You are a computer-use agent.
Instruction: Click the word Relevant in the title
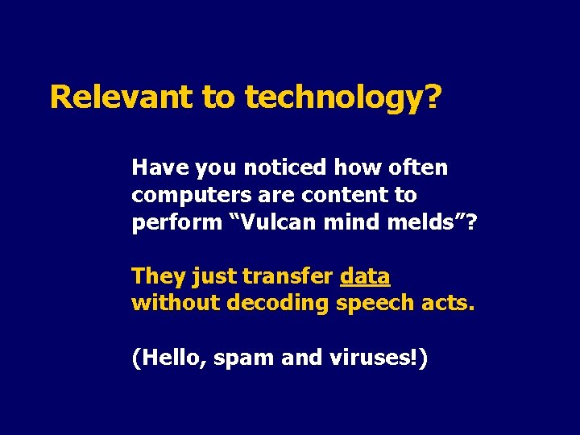click(x=121, y=97)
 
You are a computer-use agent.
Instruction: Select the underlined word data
click(x=365, y=276)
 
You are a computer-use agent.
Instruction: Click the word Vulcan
click(x=275, y=222)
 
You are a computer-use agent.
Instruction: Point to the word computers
click(x=181, y=196)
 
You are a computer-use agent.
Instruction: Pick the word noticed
click(x=284, y=168)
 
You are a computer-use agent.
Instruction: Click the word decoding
click(x=278, y=304)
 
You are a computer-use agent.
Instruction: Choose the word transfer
click(x=288, y=276)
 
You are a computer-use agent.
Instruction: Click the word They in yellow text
click(x=159, y=276)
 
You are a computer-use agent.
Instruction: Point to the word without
click(x=175, y=304)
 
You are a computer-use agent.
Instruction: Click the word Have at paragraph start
click(x=156, y=168)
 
